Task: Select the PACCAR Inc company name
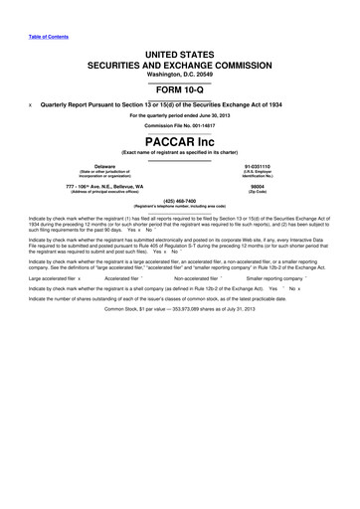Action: (x=179, y=139)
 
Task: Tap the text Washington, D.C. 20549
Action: (x=179, y=66)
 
